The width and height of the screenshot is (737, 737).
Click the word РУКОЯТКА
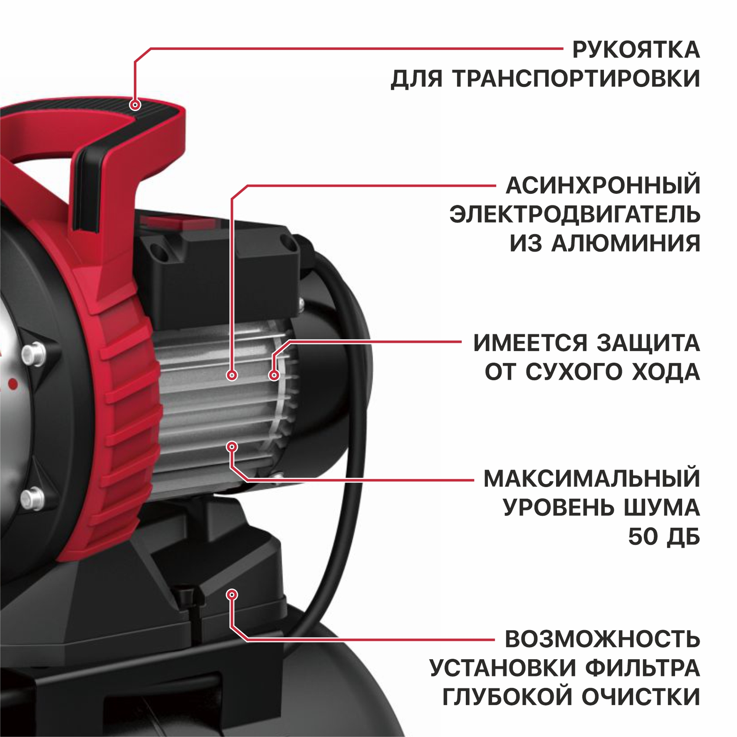[636, 50]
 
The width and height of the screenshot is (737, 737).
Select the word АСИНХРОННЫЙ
[603, 186]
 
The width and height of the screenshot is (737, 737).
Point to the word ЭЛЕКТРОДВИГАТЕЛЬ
[575, 214]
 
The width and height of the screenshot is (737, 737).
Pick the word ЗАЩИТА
[649, 343]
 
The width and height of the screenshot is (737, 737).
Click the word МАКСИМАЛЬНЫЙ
[592, 478]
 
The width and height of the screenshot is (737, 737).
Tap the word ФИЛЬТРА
[643, 669]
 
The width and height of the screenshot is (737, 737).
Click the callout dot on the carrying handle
[135, 104]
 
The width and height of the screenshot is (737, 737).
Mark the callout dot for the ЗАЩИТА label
[274, 376]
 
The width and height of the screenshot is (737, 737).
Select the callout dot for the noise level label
[232, 446]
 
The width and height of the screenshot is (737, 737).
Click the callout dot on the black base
[232, 594]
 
